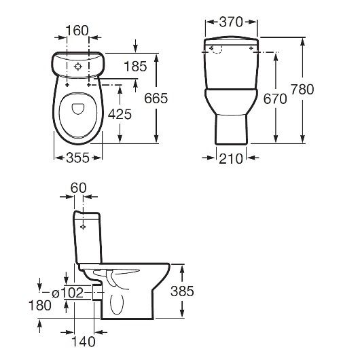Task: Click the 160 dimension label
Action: click(77, 31)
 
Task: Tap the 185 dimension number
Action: click(135, 67)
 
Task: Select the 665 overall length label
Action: click(156, 98)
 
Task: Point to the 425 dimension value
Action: click(120, 114)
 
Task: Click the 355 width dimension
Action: click(77, 158)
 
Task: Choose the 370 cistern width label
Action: click(231, 22)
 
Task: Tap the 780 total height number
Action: click(302, 89)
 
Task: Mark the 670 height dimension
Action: click(275, 99)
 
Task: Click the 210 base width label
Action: click(231, 159)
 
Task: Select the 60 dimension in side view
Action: click(79, 187)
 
